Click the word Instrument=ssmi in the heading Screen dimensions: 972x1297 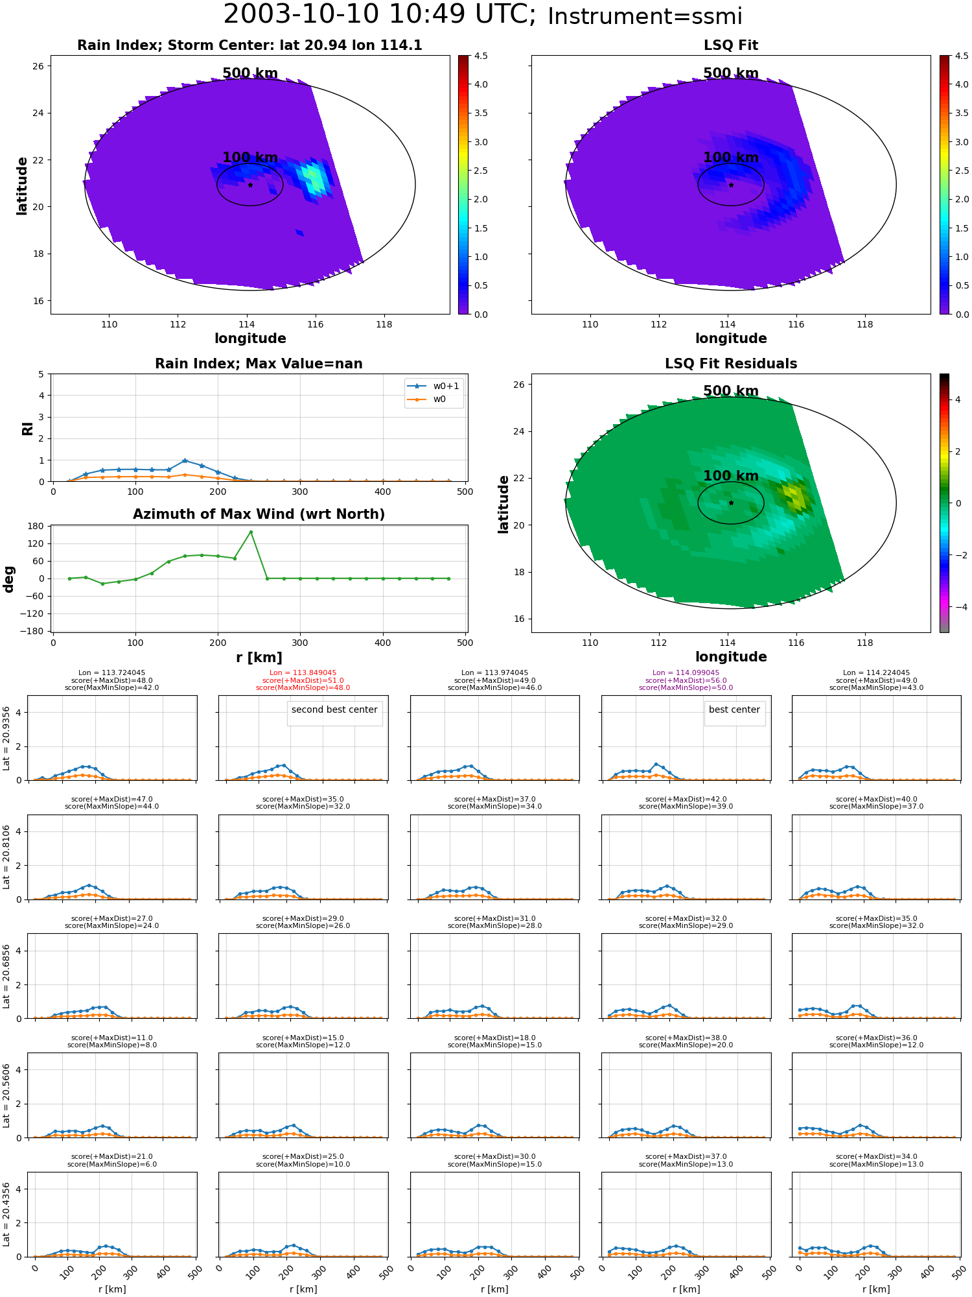[x=645, y=16]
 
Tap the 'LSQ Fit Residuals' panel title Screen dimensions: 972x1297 [x=731, y=364]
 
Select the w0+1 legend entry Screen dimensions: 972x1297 [x=434, y=386]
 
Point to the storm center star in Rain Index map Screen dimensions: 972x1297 [x=250, y=185]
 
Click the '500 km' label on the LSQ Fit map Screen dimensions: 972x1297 [x=731, y=73]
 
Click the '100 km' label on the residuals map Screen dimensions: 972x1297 [x=731, y=476]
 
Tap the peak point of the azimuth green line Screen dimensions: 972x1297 [x=251, y=532]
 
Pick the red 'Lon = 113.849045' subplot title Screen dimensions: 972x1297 [x=303, y=673]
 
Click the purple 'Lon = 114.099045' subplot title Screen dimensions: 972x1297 [x=686, y=673]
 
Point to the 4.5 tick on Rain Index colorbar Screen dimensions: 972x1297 [x=481, y=56]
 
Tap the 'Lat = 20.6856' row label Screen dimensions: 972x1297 [x=6, y=975]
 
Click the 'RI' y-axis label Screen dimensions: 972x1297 [x=27, y=428]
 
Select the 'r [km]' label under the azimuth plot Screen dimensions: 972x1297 [x=259, y=658]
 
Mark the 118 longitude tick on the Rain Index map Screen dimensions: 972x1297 [x=384, y=324]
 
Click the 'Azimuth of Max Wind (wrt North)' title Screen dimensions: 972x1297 [x=259, y=514]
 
